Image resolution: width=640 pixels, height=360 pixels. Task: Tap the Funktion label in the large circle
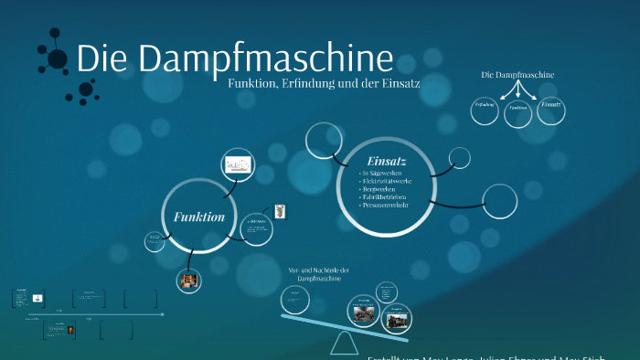click(198, 217)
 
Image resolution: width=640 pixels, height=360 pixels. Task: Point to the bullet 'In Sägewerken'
click(384, 172)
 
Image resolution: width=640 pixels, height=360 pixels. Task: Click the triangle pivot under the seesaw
click(345, 344)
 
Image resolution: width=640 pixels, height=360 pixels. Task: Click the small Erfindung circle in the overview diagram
click(485, 108)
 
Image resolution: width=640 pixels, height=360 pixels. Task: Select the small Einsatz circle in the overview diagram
click(551, 108)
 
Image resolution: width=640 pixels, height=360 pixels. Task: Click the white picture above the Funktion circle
click(239, 165)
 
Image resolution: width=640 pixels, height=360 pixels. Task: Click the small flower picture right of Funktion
click(281, 211)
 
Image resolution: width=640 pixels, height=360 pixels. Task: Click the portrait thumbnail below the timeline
click(69, 332)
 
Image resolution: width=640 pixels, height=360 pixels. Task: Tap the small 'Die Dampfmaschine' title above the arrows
click(517, 74)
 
